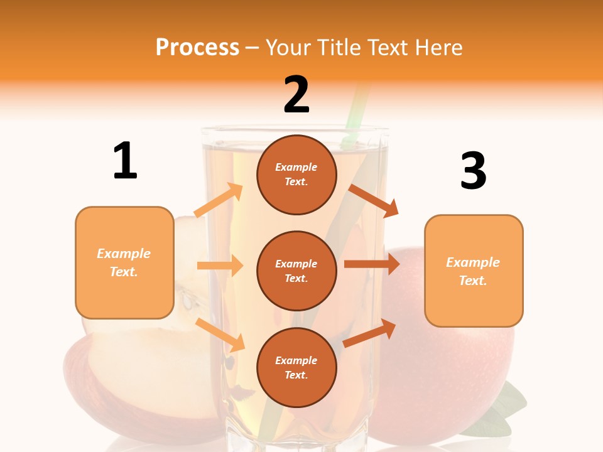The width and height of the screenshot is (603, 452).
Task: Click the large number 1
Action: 125,161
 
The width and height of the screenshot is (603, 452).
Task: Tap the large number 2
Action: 296,95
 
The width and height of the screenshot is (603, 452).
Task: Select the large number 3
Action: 473,171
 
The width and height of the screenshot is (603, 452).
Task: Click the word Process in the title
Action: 197,47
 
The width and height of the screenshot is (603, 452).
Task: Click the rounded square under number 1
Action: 124,262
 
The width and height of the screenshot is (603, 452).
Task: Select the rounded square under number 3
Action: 474,271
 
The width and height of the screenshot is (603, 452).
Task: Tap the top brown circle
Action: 296,175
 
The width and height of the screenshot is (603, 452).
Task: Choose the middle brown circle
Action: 296,271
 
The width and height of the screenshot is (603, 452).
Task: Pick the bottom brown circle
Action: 296,367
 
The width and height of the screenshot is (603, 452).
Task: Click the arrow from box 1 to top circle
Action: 219,200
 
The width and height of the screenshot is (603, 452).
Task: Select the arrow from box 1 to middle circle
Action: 220,266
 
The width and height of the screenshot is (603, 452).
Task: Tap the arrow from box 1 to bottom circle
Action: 220,335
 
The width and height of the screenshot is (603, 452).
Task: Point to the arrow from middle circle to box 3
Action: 372,264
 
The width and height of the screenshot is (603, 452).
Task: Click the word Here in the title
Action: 438,47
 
